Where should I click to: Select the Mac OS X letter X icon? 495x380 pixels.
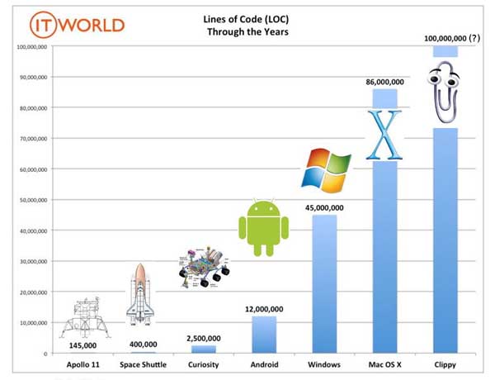pyautogui.click(x=384, y=134)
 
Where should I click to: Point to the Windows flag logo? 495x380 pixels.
pyautogui.click(x=323, y=169)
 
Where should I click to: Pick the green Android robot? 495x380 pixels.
pyautogui.click(x=263, y=222)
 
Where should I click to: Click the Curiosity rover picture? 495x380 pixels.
pyautogui.click(x=203, y=270)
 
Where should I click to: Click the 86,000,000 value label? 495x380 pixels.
pyautogui.click(x=384, y=82)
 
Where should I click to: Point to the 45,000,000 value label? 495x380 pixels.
pyautogui.click(x=323, y=208)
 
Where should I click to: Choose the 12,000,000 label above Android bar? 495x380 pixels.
pyautogui.click(x=263, y=309)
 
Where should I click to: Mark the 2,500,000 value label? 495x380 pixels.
pyautogui.click(x=203, y=338)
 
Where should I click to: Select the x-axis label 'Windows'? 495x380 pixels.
pyautogui.click(x=323, y=364)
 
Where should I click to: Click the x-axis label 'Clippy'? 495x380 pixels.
pyautogui.click(x=445, y=364)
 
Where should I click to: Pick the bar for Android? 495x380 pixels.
pyautogui.click(x=263, y=335)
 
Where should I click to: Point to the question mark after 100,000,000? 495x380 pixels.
pyautogui.click(x=473, y=38)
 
